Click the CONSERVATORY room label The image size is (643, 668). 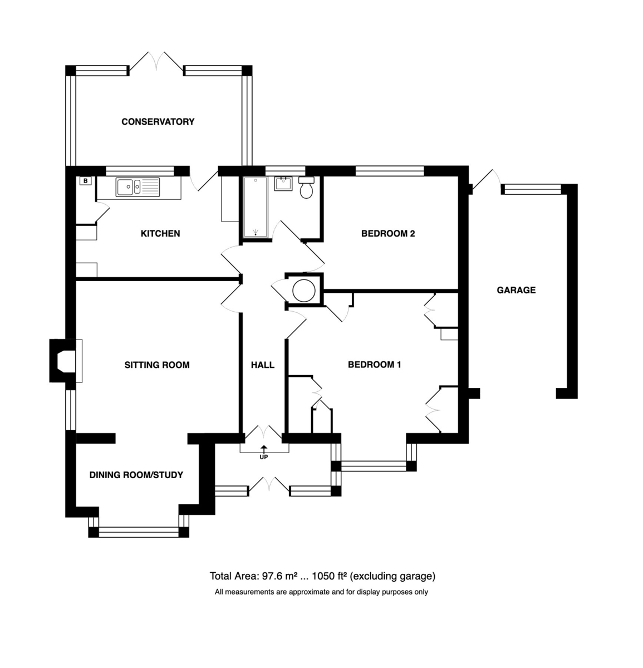click(x=158, y=121)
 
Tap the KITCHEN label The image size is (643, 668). click(x=160, y=233)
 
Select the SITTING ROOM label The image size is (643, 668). click(x=157, y=365)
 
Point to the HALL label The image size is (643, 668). click(x=263, y=365)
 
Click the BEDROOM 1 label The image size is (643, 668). click(x=374, y=365)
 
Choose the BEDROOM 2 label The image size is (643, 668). click(x=388, y=233)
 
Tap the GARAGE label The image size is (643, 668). click(x=516, y=290)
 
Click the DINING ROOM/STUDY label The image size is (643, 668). click(x=136, y=475)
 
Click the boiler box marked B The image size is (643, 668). click(x=86, y=181)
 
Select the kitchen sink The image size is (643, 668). click(x=138, y=187)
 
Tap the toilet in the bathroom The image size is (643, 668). click(x=306, y=188)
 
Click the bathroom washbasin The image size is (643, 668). click(x=283, y=184)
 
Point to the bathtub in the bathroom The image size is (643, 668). click(x=256, y=207)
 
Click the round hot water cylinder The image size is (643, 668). click(x=304, y=291)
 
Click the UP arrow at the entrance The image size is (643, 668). click(x=264, y=448)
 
